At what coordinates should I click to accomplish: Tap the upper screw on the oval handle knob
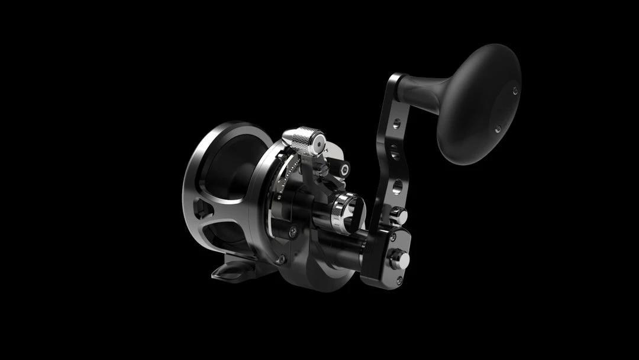click(x=515, y=90)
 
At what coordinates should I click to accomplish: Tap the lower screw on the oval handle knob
click(x=498, y=128)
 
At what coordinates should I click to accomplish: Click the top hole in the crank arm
click(x=396, y=124)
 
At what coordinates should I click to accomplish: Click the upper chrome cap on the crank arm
click(x=401, y=216)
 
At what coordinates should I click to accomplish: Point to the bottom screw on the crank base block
click(x=400, y=279)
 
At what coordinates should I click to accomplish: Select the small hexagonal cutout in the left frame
click(x=202, y=209)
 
